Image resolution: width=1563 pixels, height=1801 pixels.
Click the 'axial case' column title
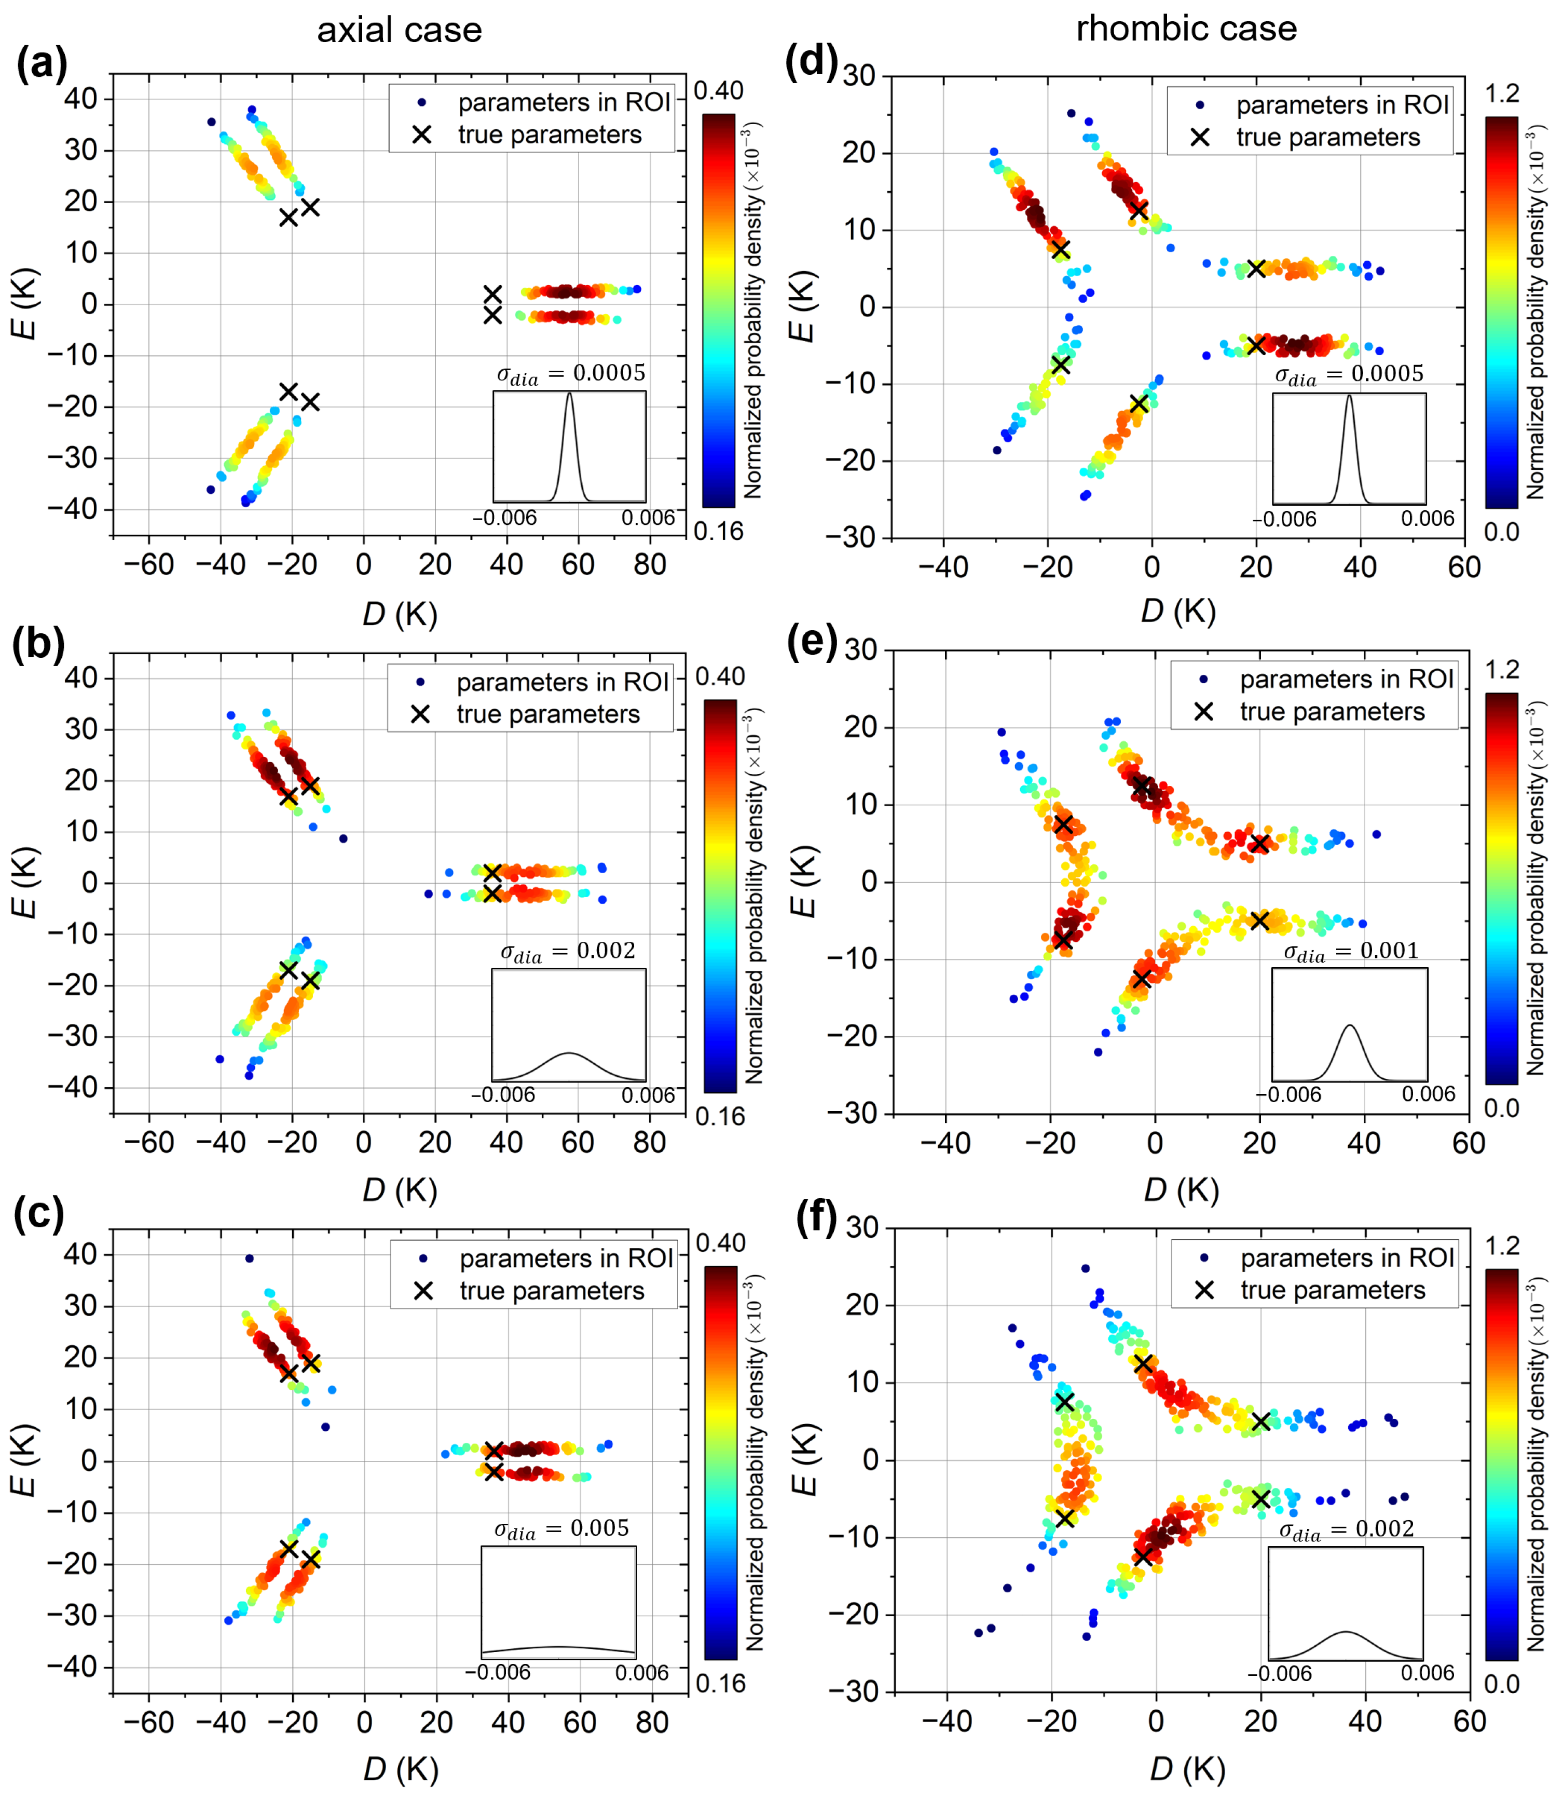[400, 31]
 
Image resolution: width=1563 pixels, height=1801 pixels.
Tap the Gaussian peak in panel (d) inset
[1349, 397]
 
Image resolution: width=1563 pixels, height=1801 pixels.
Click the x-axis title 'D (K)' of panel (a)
[400, 614]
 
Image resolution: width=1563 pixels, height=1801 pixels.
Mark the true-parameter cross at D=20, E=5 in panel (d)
[1256, 269]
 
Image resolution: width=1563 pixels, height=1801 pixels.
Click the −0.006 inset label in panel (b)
[502, 1095]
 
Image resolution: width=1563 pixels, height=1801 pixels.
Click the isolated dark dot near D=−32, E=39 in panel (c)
[250, 1258]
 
